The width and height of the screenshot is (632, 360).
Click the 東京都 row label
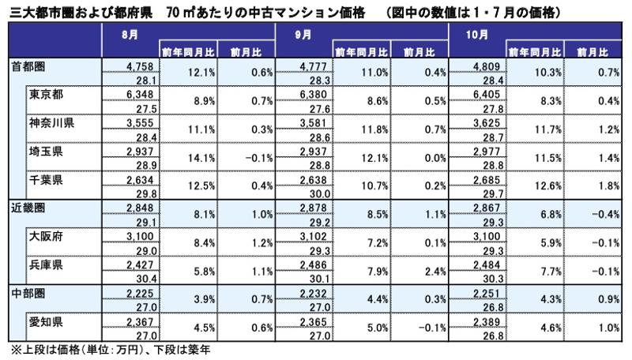(47, 95)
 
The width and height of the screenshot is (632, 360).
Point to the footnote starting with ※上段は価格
(106, 347)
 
